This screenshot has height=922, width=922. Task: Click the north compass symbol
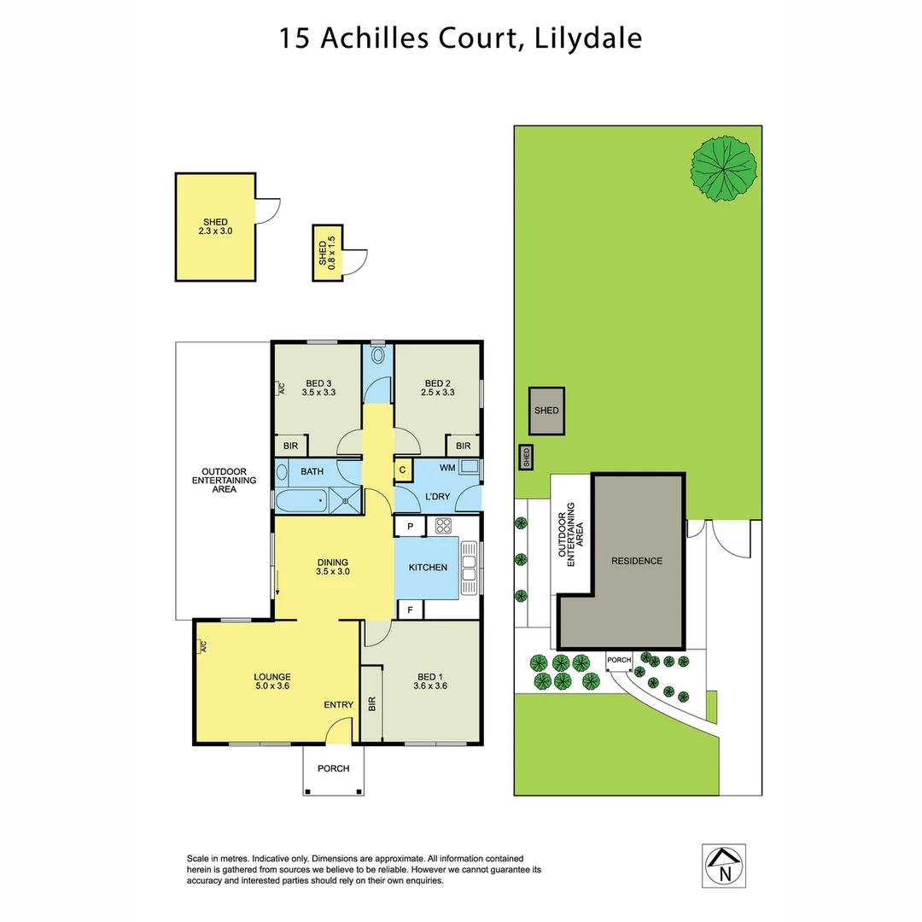(724, 864)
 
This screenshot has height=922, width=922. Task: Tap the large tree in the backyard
(724, 168)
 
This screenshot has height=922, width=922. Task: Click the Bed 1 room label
(430, 679)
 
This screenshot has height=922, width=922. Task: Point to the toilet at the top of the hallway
(378, 355)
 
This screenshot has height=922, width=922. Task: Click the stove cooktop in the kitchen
(443, 527)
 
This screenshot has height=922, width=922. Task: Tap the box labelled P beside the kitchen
(410, 527)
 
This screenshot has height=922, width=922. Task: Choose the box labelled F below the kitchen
(410, 610)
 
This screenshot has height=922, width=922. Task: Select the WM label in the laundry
(446, 468)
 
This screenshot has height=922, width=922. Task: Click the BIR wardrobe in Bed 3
(290, 446)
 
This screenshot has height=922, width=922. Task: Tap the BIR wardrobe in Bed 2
(463, 446)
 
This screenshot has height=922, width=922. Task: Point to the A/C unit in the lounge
(202, 646)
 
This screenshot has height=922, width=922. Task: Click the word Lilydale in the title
(588, 38)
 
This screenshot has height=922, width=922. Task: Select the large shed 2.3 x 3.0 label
(215, 226)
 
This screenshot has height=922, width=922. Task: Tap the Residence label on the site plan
(636, 561)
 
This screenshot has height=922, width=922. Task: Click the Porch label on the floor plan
(333, 768)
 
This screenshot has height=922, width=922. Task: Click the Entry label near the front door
(338, 704)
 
